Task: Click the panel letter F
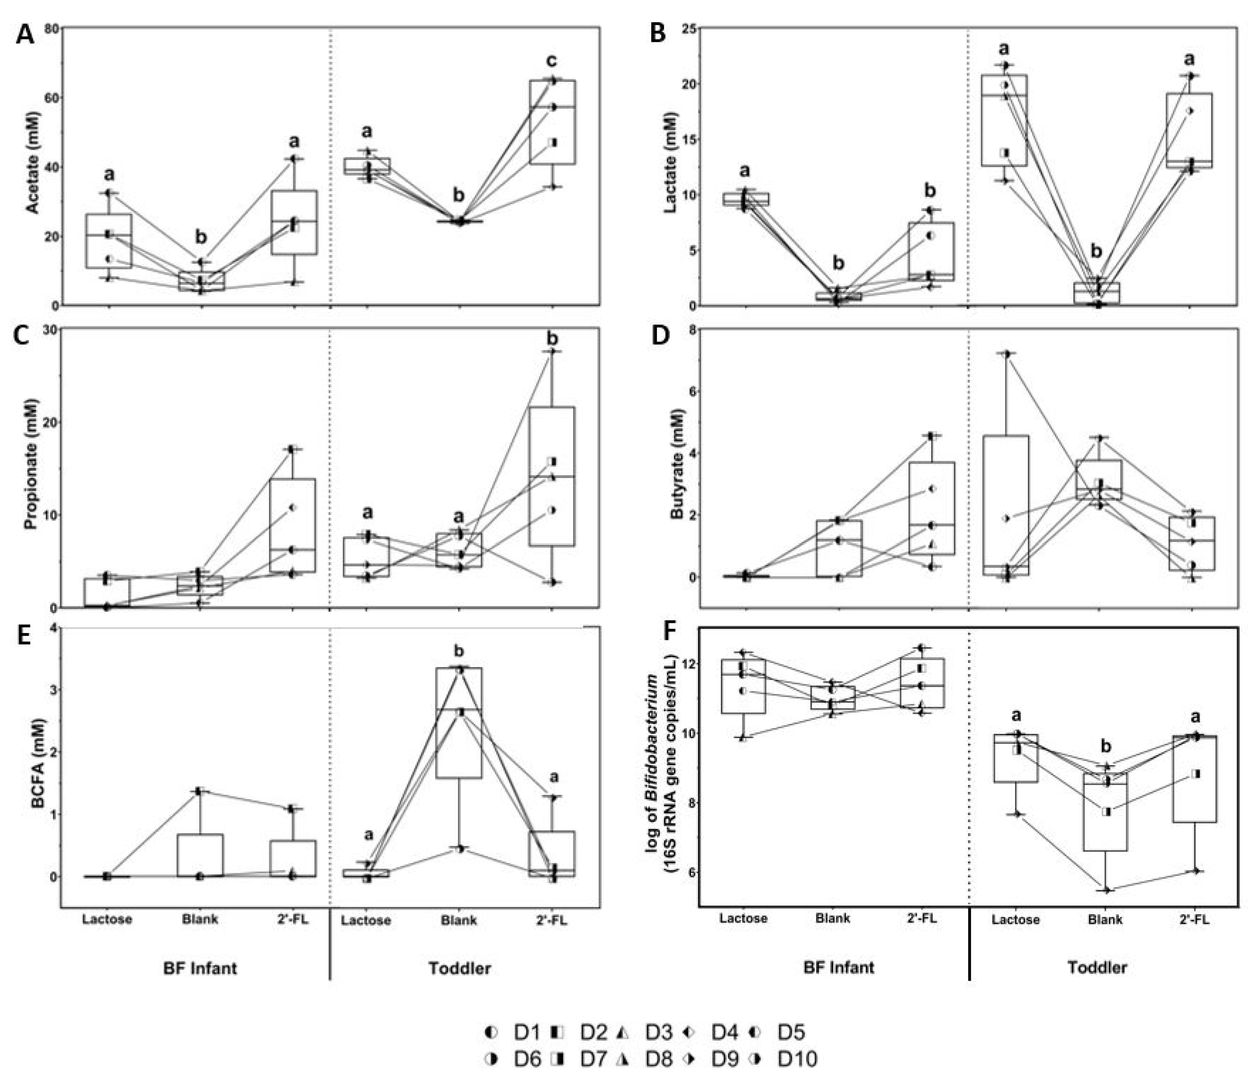point(669,631)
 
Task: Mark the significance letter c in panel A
point(551,60)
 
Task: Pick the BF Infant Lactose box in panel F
point(743,686)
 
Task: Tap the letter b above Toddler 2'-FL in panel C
point(552,339)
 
